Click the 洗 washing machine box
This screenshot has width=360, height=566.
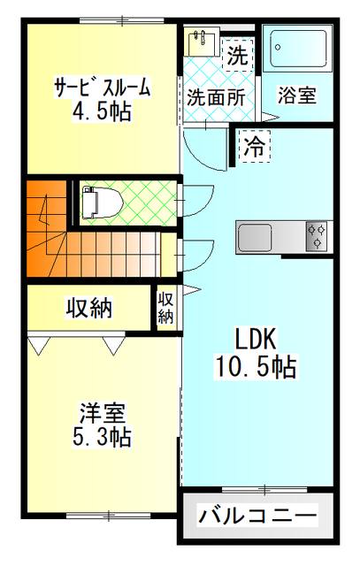click(x=235, y=55)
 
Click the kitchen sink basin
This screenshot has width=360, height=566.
click(x=257, y=238)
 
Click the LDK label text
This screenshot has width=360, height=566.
click(x=256, y=339)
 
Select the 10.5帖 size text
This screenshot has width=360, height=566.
click(x=256, y=365)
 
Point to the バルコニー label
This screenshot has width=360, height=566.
click(x=257, y=515)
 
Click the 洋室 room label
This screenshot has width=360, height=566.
click(x=103, y=413)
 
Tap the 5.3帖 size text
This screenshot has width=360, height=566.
click(x=103, y=436)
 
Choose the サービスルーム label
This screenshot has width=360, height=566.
click(x=102, y=88)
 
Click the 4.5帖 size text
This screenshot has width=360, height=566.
click(x=102, y=111)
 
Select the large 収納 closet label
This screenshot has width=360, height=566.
click(x=89, y=308)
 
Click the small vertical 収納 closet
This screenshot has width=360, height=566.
click(x=165, y=307)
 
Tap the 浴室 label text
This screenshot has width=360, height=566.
click(x=296, y=95)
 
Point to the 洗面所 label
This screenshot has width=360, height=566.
click(x=215, y=97)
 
